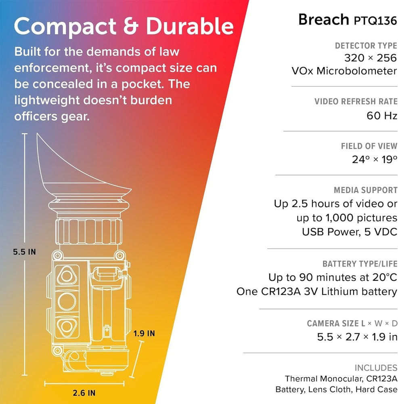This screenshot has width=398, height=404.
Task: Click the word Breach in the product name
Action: [x=323, y=19]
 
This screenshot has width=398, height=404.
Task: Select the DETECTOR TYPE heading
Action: [x=366, y=46]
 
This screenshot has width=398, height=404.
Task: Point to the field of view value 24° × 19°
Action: [x=374, y=159]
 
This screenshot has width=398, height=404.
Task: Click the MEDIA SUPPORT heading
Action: [x=365, y=190]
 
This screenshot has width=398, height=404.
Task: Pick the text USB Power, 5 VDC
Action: [x=349, y=232]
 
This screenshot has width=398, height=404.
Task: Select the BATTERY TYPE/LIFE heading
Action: [x=360, y=264]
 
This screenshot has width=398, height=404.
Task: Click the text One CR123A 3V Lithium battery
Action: [x=316, y=291]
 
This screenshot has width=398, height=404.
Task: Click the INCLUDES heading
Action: [x=376, y=368]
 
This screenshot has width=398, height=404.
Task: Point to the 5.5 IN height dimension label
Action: [x=24, y=252]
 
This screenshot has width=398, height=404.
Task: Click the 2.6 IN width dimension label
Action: [x=84, y=392]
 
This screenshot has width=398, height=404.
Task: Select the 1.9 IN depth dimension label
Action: [x=144, y=334]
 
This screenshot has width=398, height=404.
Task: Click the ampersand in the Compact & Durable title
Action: [x=128, y=27]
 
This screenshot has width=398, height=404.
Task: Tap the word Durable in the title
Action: [x=189, y=27]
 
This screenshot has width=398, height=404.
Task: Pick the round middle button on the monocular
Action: [x=67, y=301]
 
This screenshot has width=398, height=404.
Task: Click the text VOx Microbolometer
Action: [x=344, y=71]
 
